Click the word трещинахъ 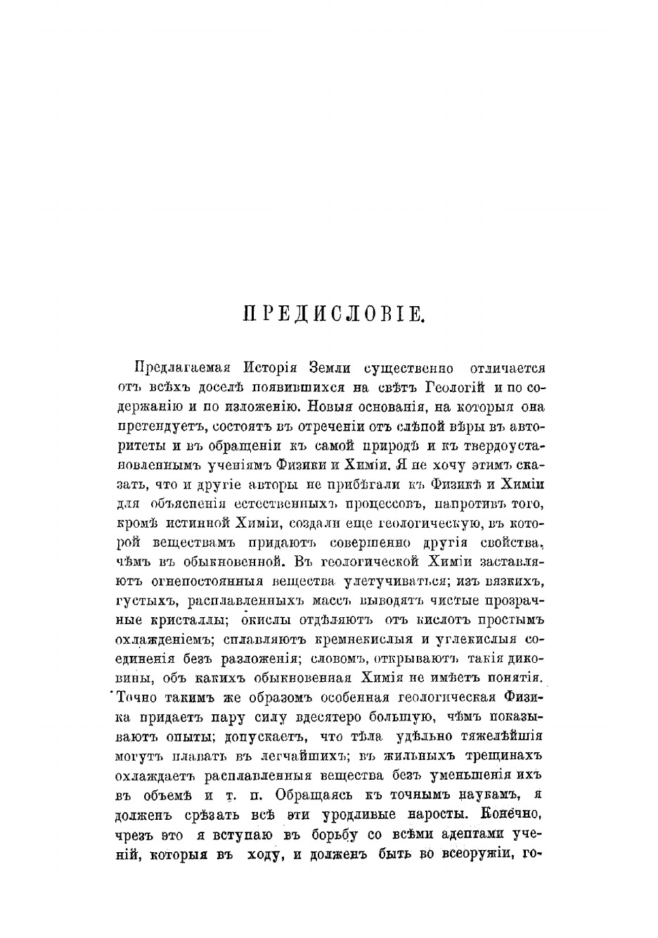[506, 756]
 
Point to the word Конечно [510, 814]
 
